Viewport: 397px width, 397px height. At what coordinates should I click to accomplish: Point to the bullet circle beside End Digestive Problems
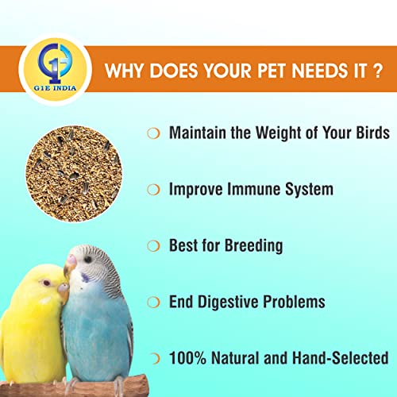(153, 303)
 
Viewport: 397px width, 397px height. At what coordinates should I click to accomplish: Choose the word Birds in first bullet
(368, 133)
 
